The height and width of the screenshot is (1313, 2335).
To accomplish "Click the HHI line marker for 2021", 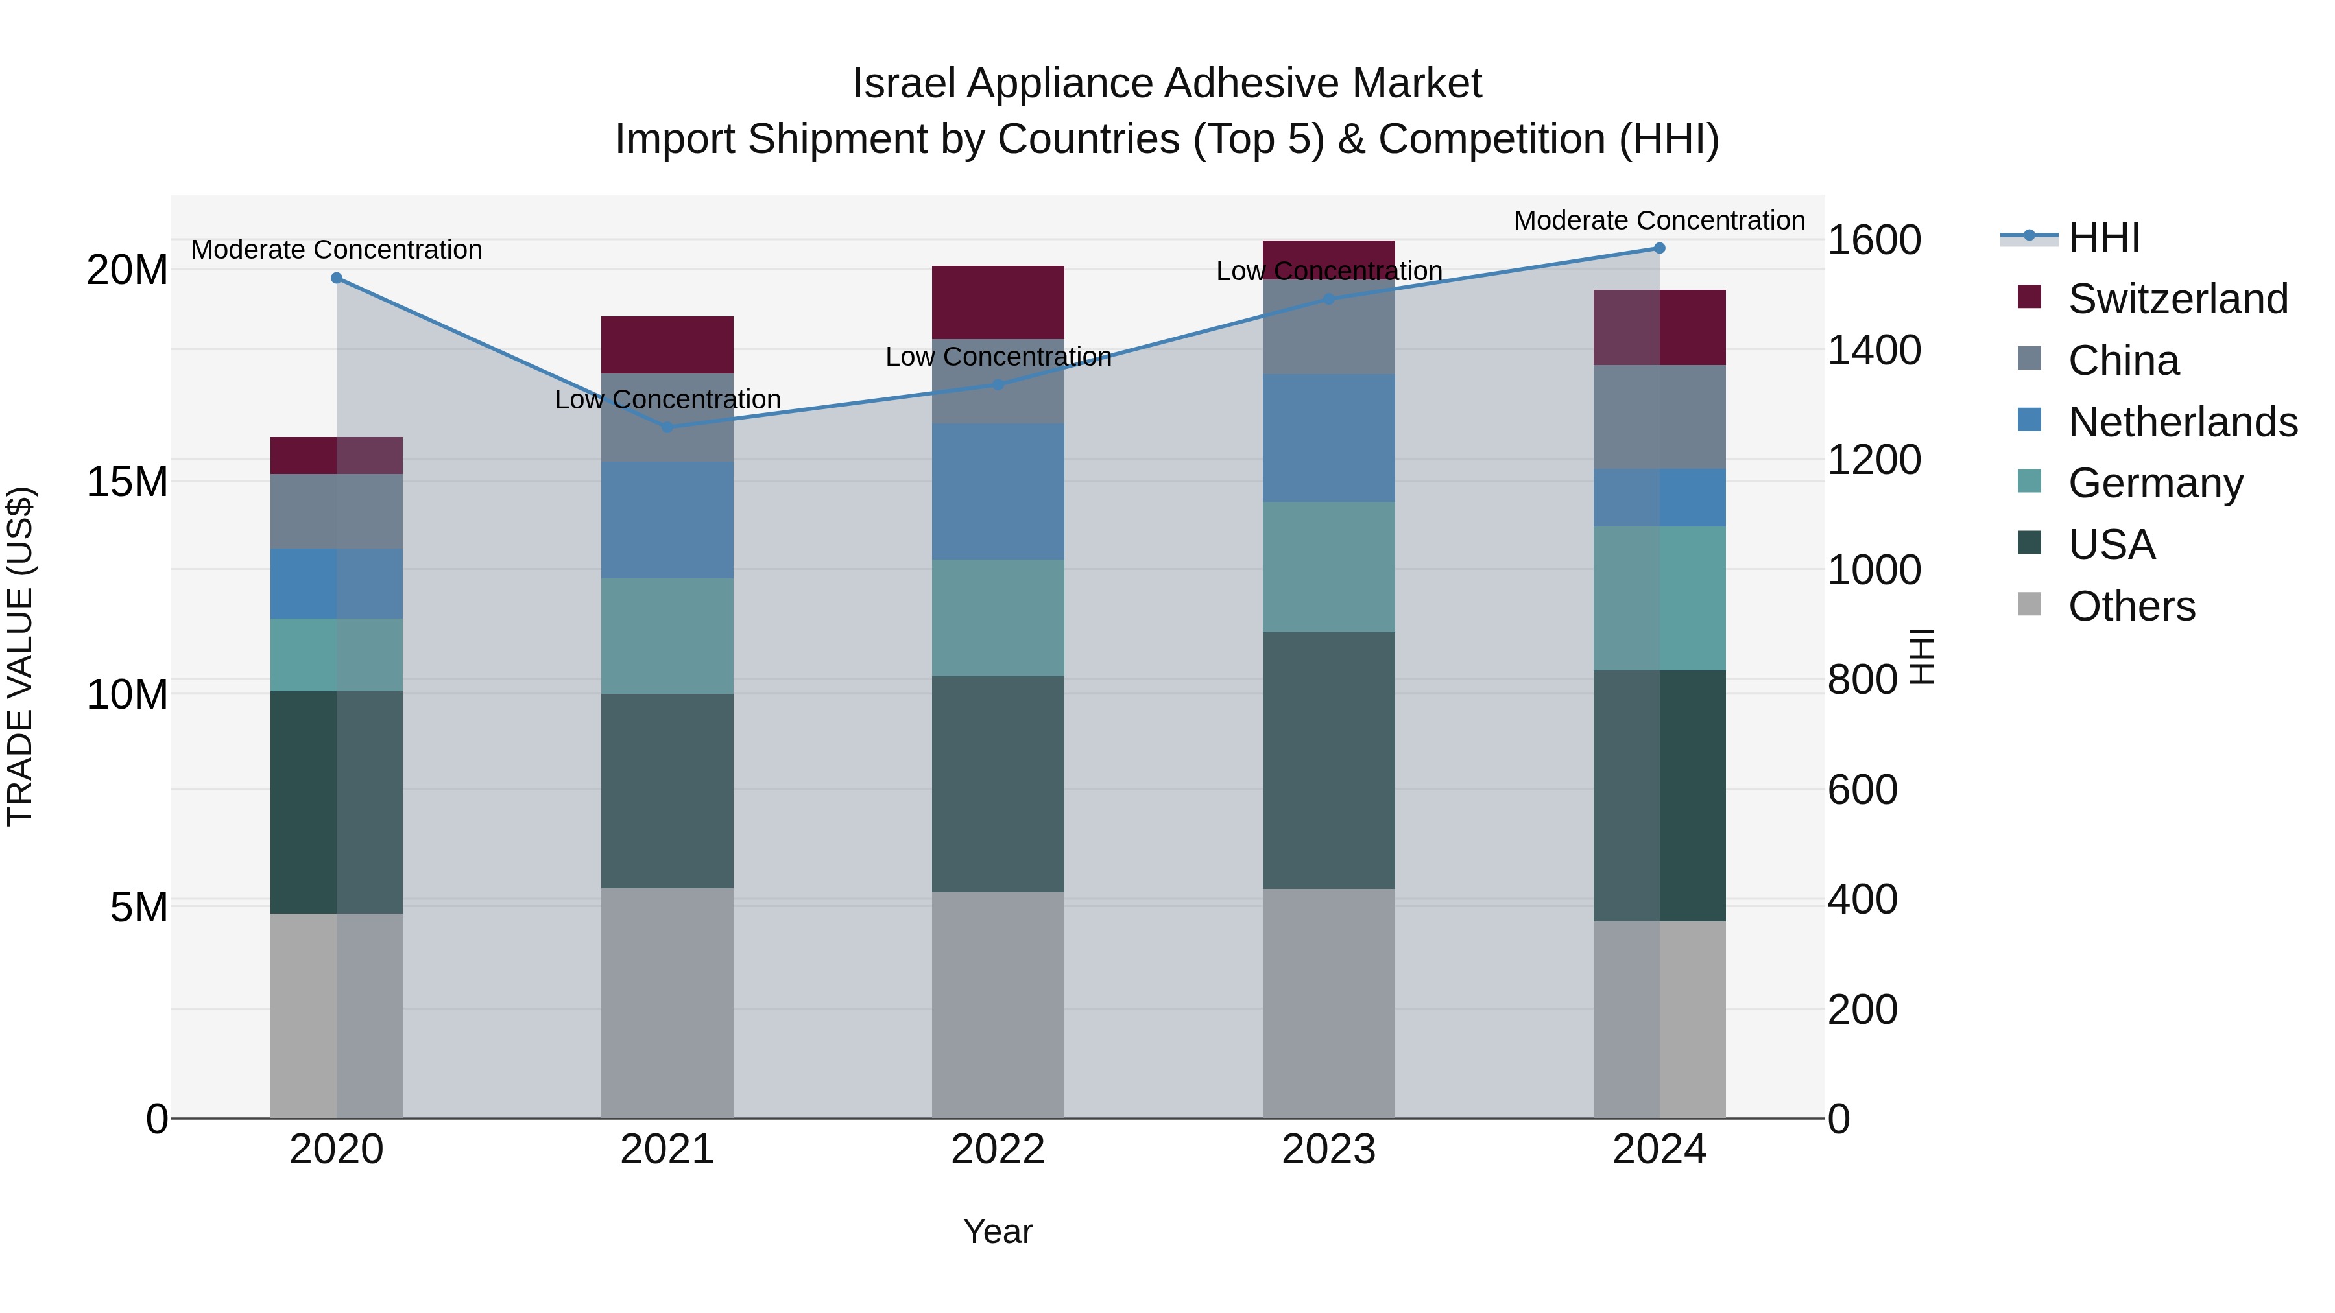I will coord(667,427).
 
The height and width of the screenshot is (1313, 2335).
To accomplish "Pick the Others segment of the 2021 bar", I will coord(667,1002).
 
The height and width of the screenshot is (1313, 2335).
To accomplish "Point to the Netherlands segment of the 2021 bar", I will coord(667,519).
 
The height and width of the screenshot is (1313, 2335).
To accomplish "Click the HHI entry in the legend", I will coord(2103,237).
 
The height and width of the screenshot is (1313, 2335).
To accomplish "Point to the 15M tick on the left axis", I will coord(127,482).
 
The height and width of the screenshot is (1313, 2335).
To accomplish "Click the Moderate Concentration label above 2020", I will coord(336,249).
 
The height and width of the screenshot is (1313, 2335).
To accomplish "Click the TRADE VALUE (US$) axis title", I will coord(20,656).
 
